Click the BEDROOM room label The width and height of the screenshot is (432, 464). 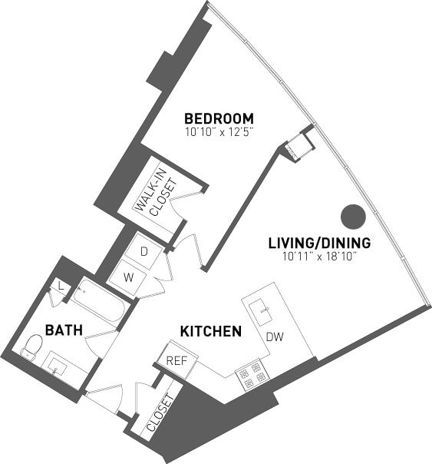[219, 118]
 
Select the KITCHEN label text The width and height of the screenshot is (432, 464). [211, 332]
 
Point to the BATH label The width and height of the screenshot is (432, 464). [59, 330]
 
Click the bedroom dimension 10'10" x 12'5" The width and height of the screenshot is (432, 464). [219, 132]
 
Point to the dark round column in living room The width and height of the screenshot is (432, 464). [353, 217]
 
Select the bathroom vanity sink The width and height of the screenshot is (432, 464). [58, 367]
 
